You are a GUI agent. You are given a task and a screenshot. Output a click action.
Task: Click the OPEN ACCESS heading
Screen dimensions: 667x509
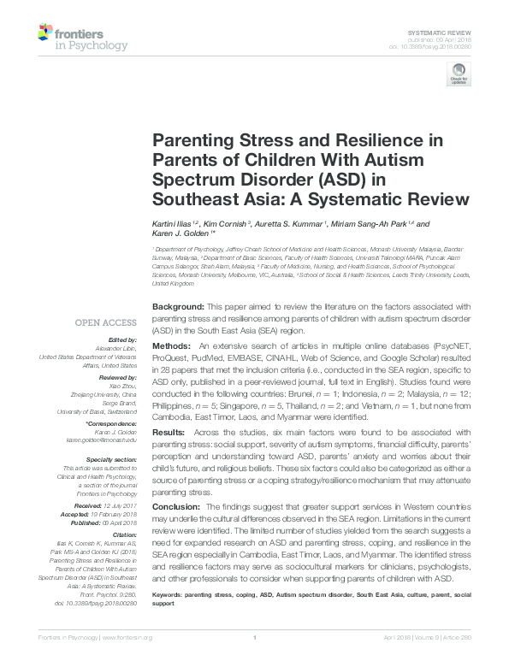105,322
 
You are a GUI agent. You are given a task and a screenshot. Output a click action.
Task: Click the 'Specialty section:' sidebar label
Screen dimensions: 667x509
110,459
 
